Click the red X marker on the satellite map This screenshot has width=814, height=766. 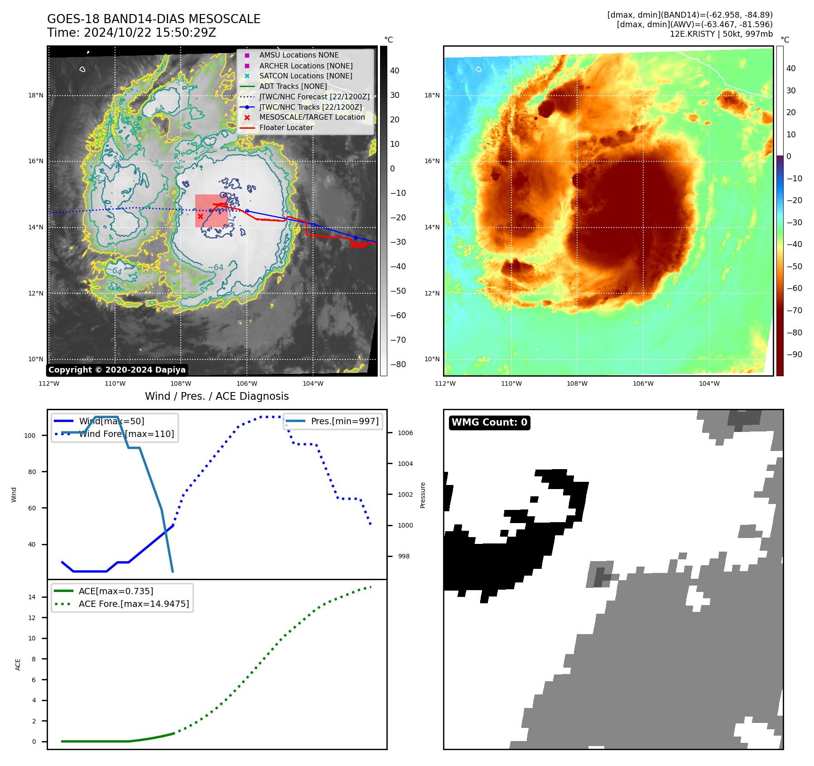pyautogui.click(x=200, y=216)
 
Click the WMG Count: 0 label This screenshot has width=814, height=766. pyautogui.click(x=489, y=422)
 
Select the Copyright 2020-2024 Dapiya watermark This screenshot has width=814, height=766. pyautogui.click(x=117, y=370)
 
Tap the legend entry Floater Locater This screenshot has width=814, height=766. pyautogui.click(x=286, y=128)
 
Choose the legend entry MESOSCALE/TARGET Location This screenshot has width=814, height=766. pyautogui.click(x=312, y=117)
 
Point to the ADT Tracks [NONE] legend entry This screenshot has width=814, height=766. pyautogui.click(x=293, y=86)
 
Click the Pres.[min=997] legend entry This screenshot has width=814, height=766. pyautogui.click(x=344, y=421)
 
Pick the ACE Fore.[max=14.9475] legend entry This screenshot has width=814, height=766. pyautogui.click(x=134, y=604)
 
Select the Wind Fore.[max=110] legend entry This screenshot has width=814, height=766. pyautogui.click(x=126, y=434)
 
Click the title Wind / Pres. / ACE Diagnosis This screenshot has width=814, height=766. pyautogui.click(x=217, y=396)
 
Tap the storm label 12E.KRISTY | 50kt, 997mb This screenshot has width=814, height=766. pyautogui.click(x=721, y=34)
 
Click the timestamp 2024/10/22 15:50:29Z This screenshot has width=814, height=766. pyautogui.click(x=150, y=33)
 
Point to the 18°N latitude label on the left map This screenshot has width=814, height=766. pyautogui.click(x=36, y=96)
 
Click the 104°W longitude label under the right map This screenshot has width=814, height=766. pyautogui.click(x=709, y=384)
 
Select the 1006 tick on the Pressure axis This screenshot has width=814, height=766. pyautogui.click(x=405, y=433)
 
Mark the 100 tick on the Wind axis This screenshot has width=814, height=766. pyautogui.click(x=30, y=436)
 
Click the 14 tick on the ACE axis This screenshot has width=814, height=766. pyautogui.click(x=32, y=597)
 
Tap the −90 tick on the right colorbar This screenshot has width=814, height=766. pyautogui.click(x=794, y=354)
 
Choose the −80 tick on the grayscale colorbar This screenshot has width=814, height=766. pyautogui.click(x=398, y=364)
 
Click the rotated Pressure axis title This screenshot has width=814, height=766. pyautogui.click(x=423, y=495)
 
